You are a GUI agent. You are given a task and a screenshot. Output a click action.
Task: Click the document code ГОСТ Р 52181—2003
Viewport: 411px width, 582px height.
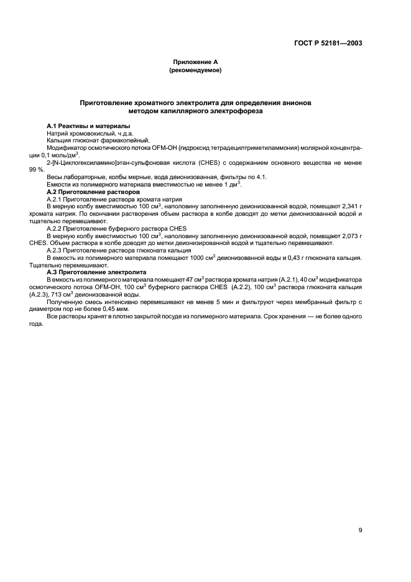328,44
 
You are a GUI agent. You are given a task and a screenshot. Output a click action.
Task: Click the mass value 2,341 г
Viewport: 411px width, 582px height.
351,207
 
